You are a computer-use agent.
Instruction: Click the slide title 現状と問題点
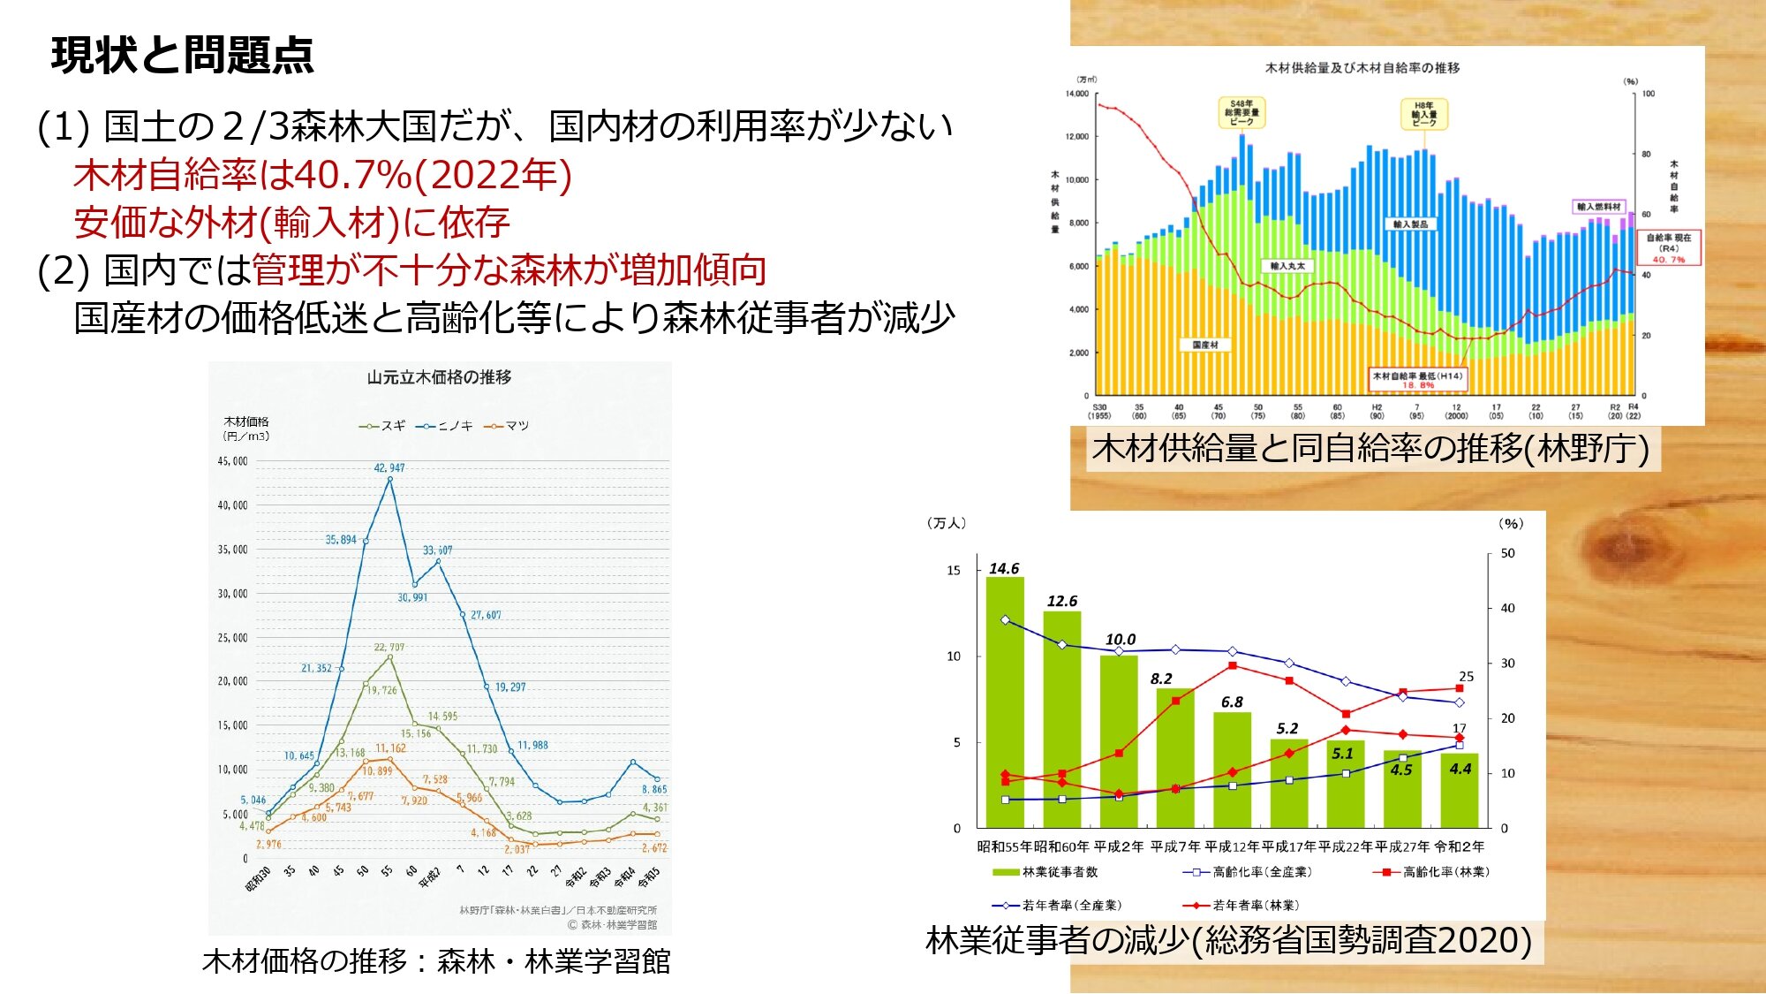182,56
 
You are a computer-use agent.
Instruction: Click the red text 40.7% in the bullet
353,175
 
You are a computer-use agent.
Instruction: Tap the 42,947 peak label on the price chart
389,467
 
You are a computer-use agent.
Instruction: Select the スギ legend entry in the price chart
382,426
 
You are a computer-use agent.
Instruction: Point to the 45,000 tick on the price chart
233,461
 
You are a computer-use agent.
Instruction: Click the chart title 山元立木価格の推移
439,377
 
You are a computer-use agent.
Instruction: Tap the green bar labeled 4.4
1459,791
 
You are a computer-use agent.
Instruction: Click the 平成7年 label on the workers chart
1175,846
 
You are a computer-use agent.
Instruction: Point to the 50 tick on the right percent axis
1507,554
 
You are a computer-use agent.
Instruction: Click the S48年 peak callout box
1241,113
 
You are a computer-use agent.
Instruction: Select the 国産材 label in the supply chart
1204,345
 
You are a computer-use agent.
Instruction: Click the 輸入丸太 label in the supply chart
1287,266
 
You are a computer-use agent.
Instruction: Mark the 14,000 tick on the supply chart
1077,94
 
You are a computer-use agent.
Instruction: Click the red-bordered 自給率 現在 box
1668,248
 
